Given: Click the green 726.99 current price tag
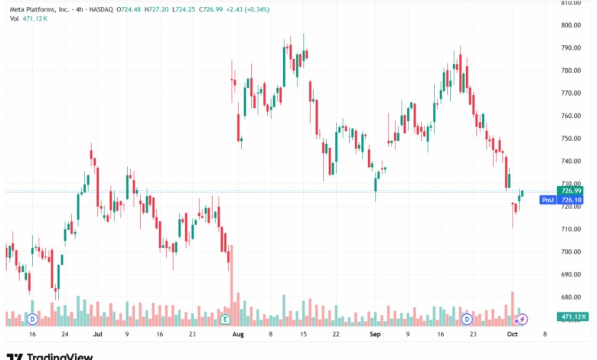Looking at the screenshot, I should [x=571, y=191].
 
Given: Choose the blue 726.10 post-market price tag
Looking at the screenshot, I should [x=571, y=200].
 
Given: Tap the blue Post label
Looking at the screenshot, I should [x=547, y=200].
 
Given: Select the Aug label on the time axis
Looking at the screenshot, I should [x=237, y=335].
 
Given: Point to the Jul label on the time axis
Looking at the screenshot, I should [x=97, y=335].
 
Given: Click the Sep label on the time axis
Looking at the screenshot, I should [x=375, y=335].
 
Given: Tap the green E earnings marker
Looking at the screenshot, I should [x=225, y=318].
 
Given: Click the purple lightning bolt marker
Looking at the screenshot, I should [x=524, y=319].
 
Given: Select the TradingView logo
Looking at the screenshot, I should [x=50, y=355].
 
